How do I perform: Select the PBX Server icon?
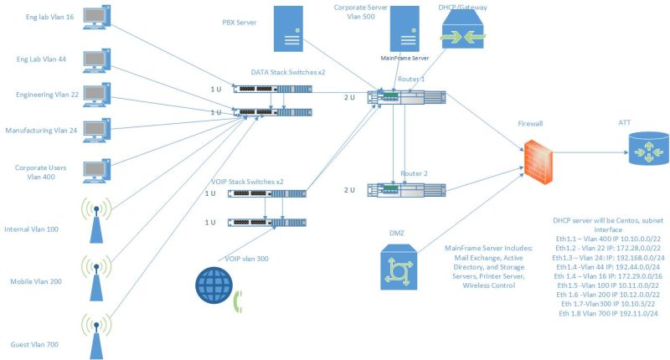[286, 31]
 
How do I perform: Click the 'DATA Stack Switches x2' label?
[287, 73]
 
